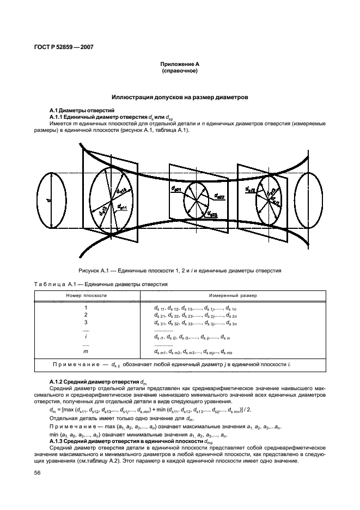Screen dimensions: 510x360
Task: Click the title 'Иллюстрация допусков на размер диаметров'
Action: [x=180, y=97]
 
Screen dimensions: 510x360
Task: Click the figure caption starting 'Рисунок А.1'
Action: [x=180, y=270]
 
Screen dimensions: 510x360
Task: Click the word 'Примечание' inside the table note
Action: [x=77, y=364]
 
